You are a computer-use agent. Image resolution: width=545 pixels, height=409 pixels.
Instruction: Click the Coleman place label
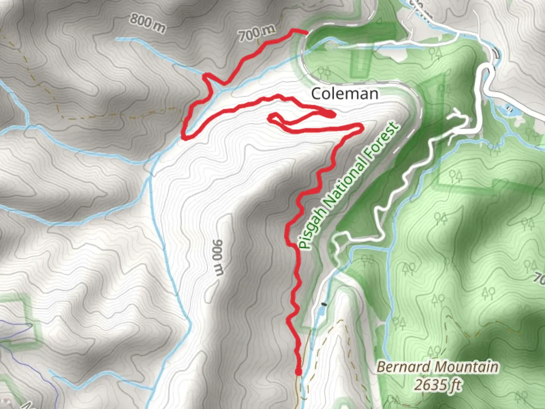[344, 94]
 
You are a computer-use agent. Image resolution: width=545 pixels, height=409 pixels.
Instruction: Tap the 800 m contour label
[147, 23]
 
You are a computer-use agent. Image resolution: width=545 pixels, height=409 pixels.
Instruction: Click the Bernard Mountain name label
[438, 367]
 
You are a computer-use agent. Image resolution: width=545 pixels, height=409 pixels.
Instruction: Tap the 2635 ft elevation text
[438, 385]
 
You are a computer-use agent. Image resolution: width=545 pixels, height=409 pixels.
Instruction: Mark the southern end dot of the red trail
[298, 372]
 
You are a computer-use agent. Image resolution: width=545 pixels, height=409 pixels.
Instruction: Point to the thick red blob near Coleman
[330, 113]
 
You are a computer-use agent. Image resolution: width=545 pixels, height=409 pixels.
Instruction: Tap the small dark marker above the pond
[324, 304]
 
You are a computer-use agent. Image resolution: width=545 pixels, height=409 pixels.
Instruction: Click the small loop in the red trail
[274, 118]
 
